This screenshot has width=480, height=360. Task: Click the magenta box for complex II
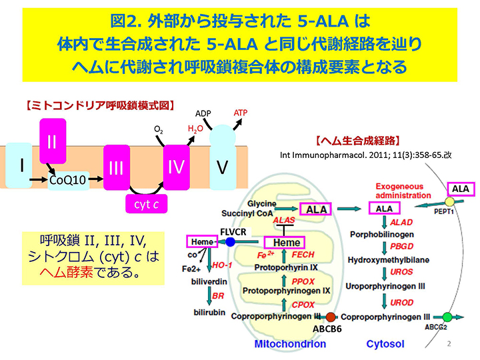53,141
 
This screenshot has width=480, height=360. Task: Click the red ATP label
241,113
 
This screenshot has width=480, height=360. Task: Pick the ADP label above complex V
203,114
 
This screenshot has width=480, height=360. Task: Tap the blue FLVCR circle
231,242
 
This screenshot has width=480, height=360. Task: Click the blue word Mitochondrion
290,344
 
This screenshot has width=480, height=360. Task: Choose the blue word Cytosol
385,344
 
